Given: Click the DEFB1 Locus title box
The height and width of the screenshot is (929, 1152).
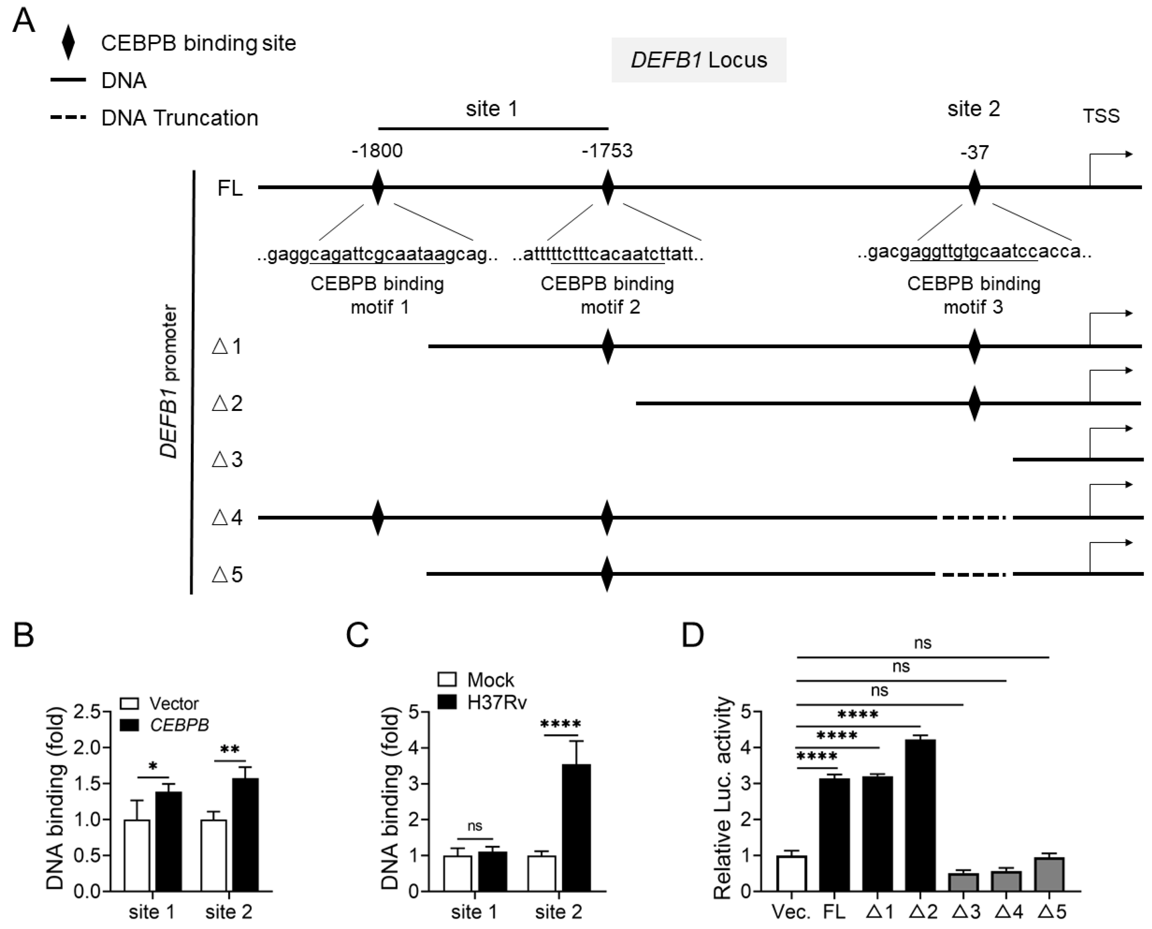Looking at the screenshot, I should click(x=698, y=60).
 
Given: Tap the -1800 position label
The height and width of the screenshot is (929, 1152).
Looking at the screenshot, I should click(x=377, y=151).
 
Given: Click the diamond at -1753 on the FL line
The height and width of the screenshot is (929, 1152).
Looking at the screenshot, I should click(x=607, y=187).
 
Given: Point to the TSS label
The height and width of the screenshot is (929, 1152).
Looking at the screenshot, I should click(x=1101, y=116).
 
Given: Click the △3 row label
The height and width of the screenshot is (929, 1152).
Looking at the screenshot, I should click(x=227, y=460).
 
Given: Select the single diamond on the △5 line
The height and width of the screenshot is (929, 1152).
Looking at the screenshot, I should click(x=607, y=574).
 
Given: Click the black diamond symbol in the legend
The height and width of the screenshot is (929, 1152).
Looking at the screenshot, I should click(x=68, y=43).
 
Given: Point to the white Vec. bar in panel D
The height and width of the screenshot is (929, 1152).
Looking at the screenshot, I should click(x=792, y=874).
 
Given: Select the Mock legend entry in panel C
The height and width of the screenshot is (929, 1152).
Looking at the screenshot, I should click(x=476, y=680).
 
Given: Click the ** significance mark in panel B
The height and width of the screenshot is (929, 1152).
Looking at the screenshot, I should click(x=229, y=750).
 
